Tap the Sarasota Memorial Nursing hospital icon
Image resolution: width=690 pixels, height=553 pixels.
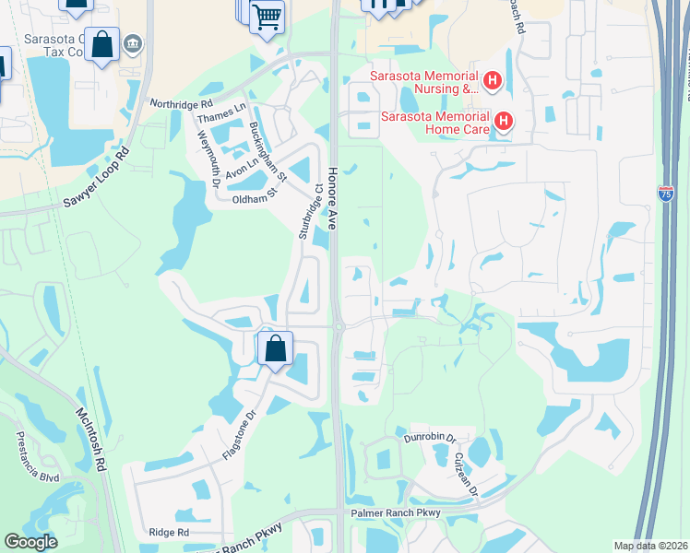tap(494, 82)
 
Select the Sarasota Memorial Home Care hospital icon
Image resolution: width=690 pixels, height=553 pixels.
tap(504, 121)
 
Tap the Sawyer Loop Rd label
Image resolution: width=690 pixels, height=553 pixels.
tap(94, 178)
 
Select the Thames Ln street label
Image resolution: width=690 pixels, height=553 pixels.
tap(222, 113)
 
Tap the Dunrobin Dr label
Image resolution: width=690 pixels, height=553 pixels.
tap(429, 438)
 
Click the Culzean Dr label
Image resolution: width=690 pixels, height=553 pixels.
tap(466, 473)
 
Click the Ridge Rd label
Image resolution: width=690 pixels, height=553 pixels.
tap(169, 532)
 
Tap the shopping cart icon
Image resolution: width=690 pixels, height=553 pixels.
tap(267, 16)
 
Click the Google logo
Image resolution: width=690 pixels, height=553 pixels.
tap(30, 542)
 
